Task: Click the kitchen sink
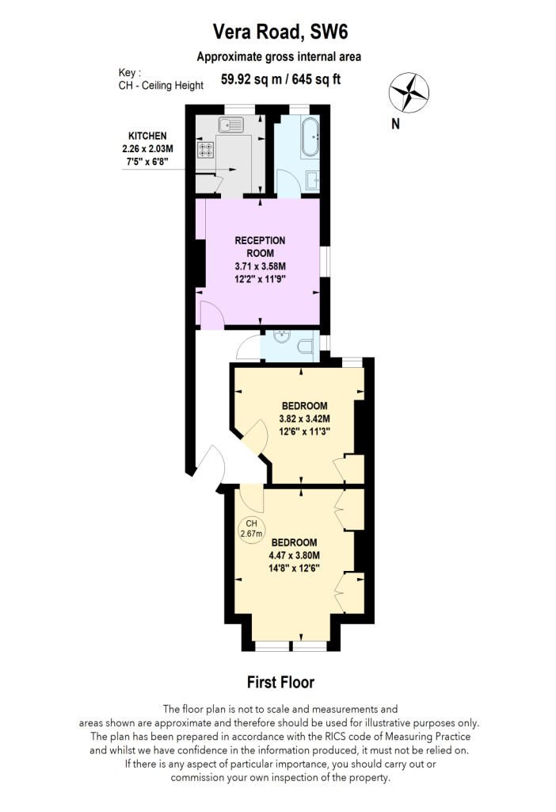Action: [x=232, y=124]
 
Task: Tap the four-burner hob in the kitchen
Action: [x=207, y=149]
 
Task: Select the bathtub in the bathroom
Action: [x=308, y=136]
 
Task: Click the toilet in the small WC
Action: [x=304, y=346]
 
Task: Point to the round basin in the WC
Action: [x=280, y=337]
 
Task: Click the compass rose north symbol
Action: [x=409, y=92]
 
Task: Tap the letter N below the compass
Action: [x=395, y=124]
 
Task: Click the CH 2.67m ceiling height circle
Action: [x=251, y=529]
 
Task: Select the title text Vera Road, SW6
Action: [x=280, y=33]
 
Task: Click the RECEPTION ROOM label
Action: [x=260, y=247]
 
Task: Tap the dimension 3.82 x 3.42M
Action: [x=303, y=419]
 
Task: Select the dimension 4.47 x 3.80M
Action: [x=294, y=555]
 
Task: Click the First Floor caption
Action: [x=280, y=682]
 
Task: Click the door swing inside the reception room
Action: [x=210, y=316]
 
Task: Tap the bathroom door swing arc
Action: [x=287, y=182]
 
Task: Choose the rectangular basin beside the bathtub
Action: [x=311, y=179]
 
